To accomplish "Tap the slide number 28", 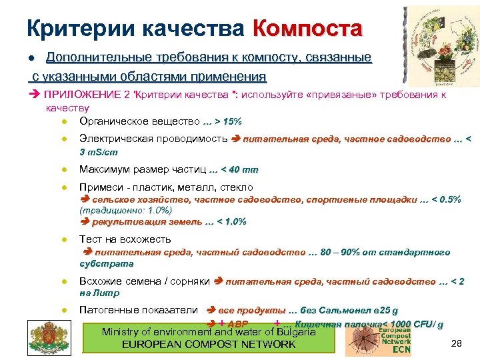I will pyautogui.click(x=457, y=343).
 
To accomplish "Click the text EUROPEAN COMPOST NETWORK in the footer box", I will pyautogui.click(x=209, y=344).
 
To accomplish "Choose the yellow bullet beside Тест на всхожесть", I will pyautogui.click(x=62, y=239).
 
